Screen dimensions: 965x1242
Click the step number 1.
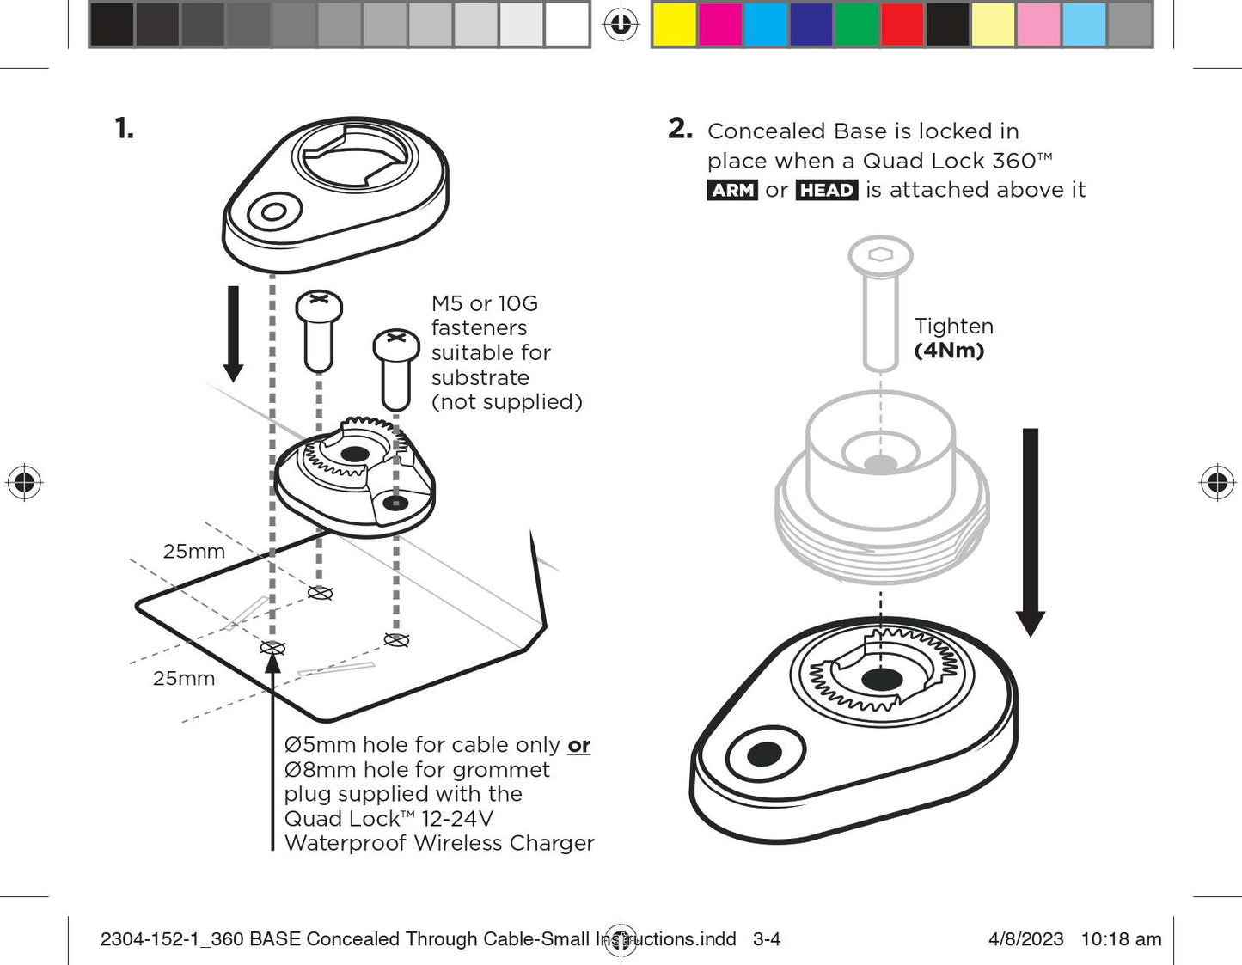pyautogui.click(x=124, y=129)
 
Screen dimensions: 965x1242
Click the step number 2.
pyautogui.click(x=680, y=129)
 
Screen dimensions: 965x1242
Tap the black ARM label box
pyautogui.click(x=733, y=190)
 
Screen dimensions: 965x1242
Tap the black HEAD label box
pyautogui.click(x=827, y=190)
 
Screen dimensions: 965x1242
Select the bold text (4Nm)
pyautogui.click(x=949, y=351)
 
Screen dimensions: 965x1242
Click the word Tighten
pyautogui.click(x=953, y=327)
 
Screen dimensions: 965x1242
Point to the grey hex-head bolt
pyautogui.click(x=880, y=301)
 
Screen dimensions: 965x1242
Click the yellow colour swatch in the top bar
pyautogui.click(x=675, y=24)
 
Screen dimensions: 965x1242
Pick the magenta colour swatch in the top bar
pyautogui.click(x=720, y=24)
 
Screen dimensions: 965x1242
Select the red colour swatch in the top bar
pyautogui.click(x=902, y=24)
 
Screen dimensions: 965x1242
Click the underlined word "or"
pyautogui.click(x=578, y=745)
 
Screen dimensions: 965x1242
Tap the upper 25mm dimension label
pyautogui.click(x=194, y=552)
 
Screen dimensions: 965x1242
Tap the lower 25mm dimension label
pyautogui.click(x=184, y=679)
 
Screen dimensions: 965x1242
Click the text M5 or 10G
pyautogui.click(x=485, y=303)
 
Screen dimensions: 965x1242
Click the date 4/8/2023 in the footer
pyautogui.click(x=1025, y=939)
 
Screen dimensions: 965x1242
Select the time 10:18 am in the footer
pyautogui.click(x=1121, y=939)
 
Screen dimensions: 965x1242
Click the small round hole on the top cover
pyautogui.click(x=274, y=211)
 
